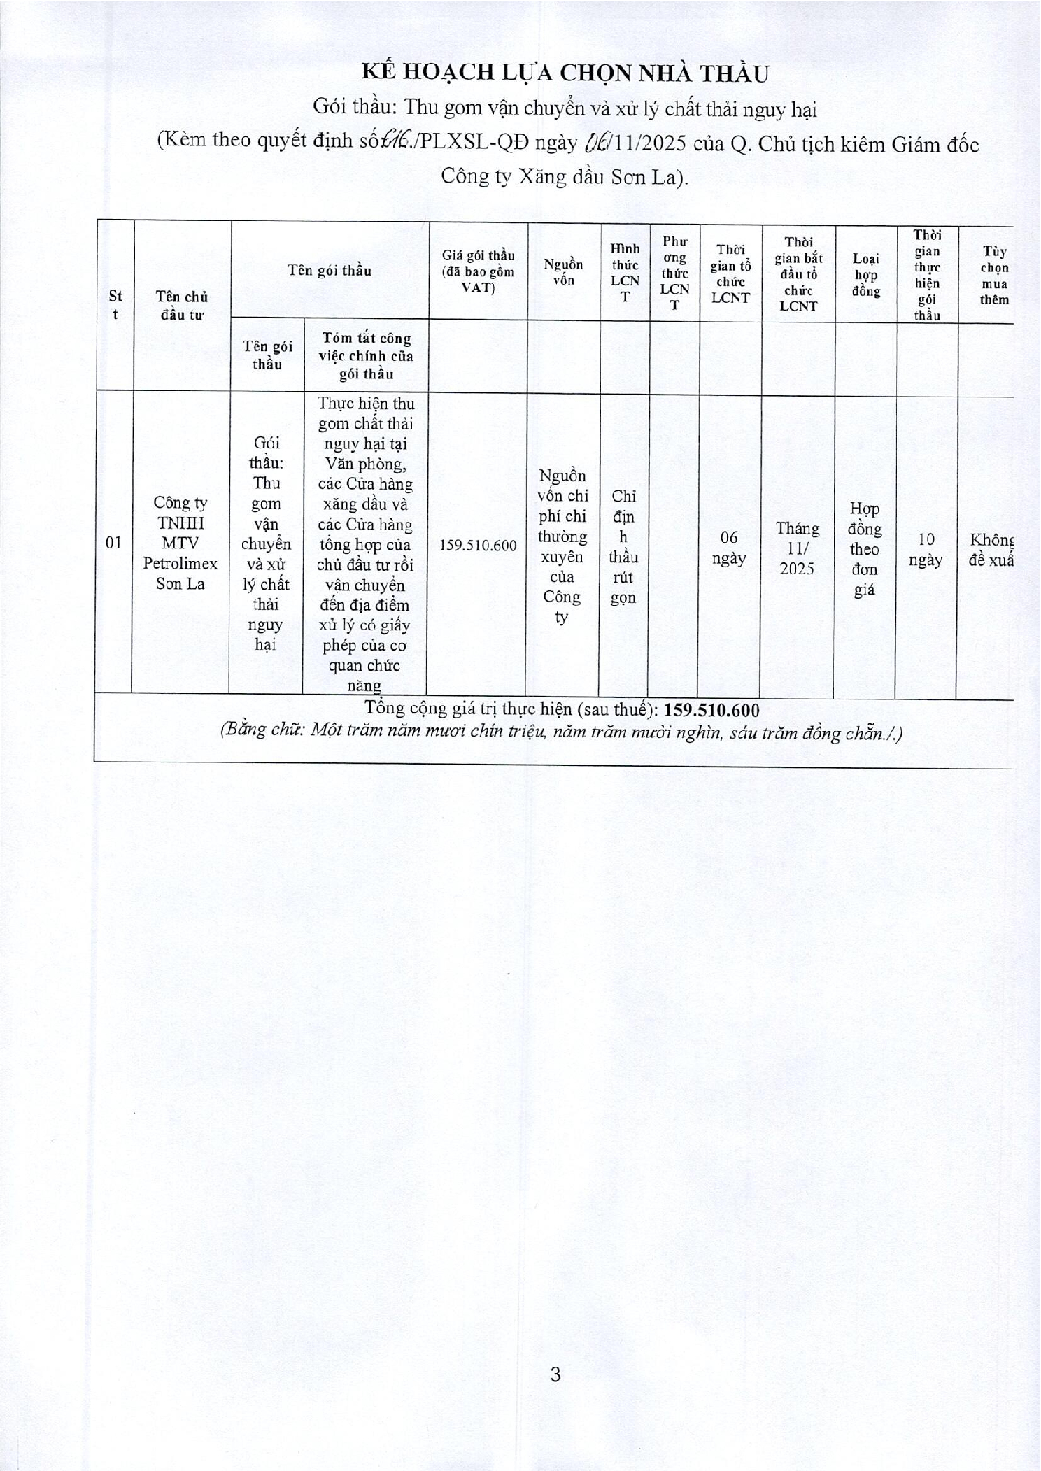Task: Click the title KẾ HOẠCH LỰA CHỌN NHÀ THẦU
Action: [x=565, y=73]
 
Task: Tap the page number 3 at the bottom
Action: [x=555, y=1374]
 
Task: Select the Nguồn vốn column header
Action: [x=563, y=272]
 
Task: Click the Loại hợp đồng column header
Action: [x=865, y=275]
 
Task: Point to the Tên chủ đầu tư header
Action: [x=182, y=306]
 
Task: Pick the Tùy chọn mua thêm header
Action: [x=993, y=275]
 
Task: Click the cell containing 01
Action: [x=113, y=542]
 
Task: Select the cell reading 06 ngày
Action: [x=729, y=547]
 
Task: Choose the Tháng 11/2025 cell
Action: [x=797, y=548]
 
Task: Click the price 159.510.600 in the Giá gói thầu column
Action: [x=478, y=546]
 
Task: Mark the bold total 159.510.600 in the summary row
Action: [x=711, y=710]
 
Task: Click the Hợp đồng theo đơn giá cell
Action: [x=865, y=549]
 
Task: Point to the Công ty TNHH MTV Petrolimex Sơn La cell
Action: [x=180, y=543]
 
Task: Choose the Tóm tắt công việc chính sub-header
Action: [x=366, y=356]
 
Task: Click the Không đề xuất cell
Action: [x=991, y=549]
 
